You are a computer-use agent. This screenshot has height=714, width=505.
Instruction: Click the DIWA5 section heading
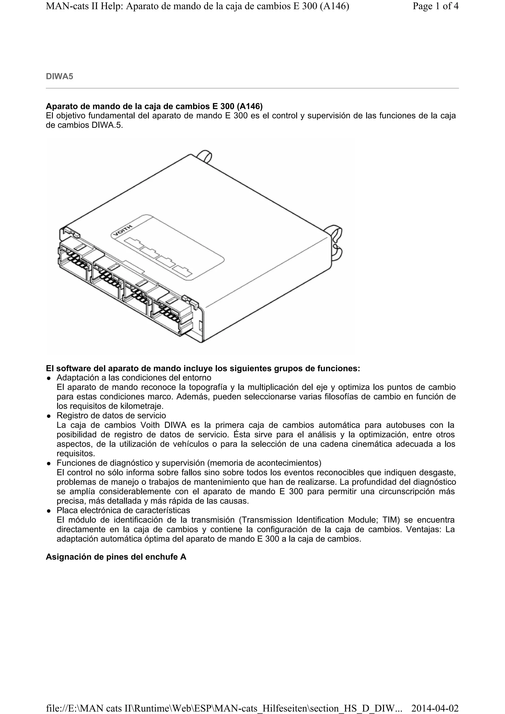59,76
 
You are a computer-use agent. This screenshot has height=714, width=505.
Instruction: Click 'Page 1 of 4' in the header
435,6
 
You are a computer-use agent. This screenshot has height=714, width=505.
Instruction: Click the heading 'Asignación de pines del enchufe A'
116,557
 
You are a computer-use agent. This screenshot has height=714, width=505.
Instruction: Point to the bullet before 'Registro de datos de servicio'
49,416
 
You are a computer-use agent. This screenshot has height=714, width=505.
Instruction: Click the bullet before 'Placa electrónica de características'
49,511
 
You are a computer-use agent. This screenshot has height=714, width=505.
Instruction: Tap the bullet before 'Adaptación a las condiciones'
49,378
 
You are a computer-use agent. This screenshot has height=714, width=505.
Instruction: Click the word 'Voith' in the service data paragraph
150,425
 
